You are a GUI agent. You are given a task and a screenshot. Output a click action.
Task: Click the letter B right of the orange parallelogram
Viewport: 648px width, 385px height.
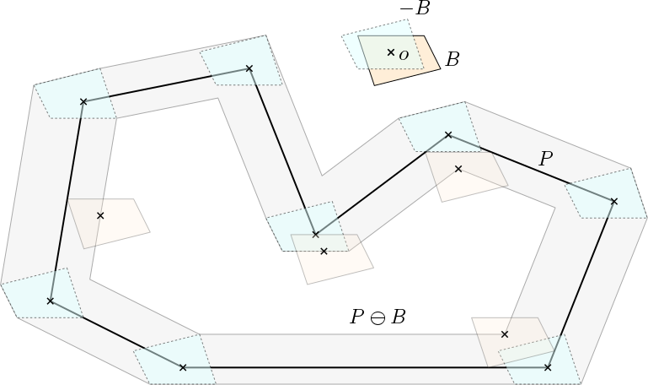453,60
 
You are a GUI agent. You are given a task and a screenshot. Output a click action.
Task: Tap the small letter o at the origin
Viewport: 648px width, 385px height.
404,55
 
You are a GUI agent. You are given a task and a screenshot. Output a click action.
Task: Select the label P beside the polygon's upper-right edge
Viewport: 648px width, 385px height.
546,158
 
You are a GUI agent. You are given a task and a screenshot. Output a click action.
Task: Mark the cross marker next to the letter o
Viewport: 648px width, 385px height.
390,52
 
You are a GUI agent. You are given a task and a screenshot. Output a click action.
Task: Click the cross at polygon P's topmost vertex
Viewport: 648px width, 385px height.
249,68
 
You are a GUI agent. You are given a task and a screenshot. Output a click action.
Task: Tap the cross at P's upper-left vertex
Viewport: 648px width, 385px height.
83,102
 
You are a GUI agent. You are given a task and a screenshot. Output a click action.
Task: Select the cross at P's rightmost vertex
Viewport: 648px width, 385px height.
613,201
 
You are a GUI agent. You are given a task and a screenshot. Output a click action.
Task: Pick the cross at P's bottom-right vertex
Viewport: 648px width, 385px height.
548,367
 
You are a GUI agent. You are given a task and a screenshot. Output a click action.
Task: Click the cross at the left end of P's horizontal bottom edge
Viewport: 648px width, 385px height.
183,367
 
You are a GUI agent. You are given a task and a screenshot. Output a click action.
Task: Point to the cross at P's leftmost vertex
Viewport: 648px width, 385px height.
51,301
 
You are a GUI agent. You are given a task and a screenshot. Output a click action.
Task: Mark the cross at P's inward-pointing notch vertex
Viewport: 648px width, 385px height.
316,234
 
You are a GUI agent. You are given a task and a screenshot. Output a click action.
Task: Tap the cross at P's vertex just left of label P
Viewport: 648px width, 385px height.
447,135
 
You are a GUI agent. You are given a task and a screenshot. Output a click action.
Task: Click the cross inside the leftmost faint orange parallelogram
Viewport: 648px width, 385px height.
100,215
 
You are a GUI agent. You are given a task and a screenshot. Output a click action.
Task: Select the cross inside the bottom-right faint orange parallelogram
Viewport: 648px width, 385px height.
505,334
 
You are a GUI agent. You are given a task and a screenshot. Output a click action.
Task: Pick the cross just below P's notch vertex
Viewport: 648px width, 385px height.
324,251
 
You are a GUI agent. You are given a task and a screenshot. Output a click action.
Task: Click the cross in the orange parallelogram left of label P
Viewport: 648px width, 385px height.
458,169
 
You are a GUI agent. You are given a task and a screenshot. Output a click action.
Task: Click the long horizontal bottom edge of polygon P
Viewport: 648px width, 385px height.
362,367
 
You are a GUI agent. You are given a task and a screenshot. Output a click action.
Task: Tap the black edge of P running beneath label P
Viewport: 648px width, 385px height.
531,168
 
